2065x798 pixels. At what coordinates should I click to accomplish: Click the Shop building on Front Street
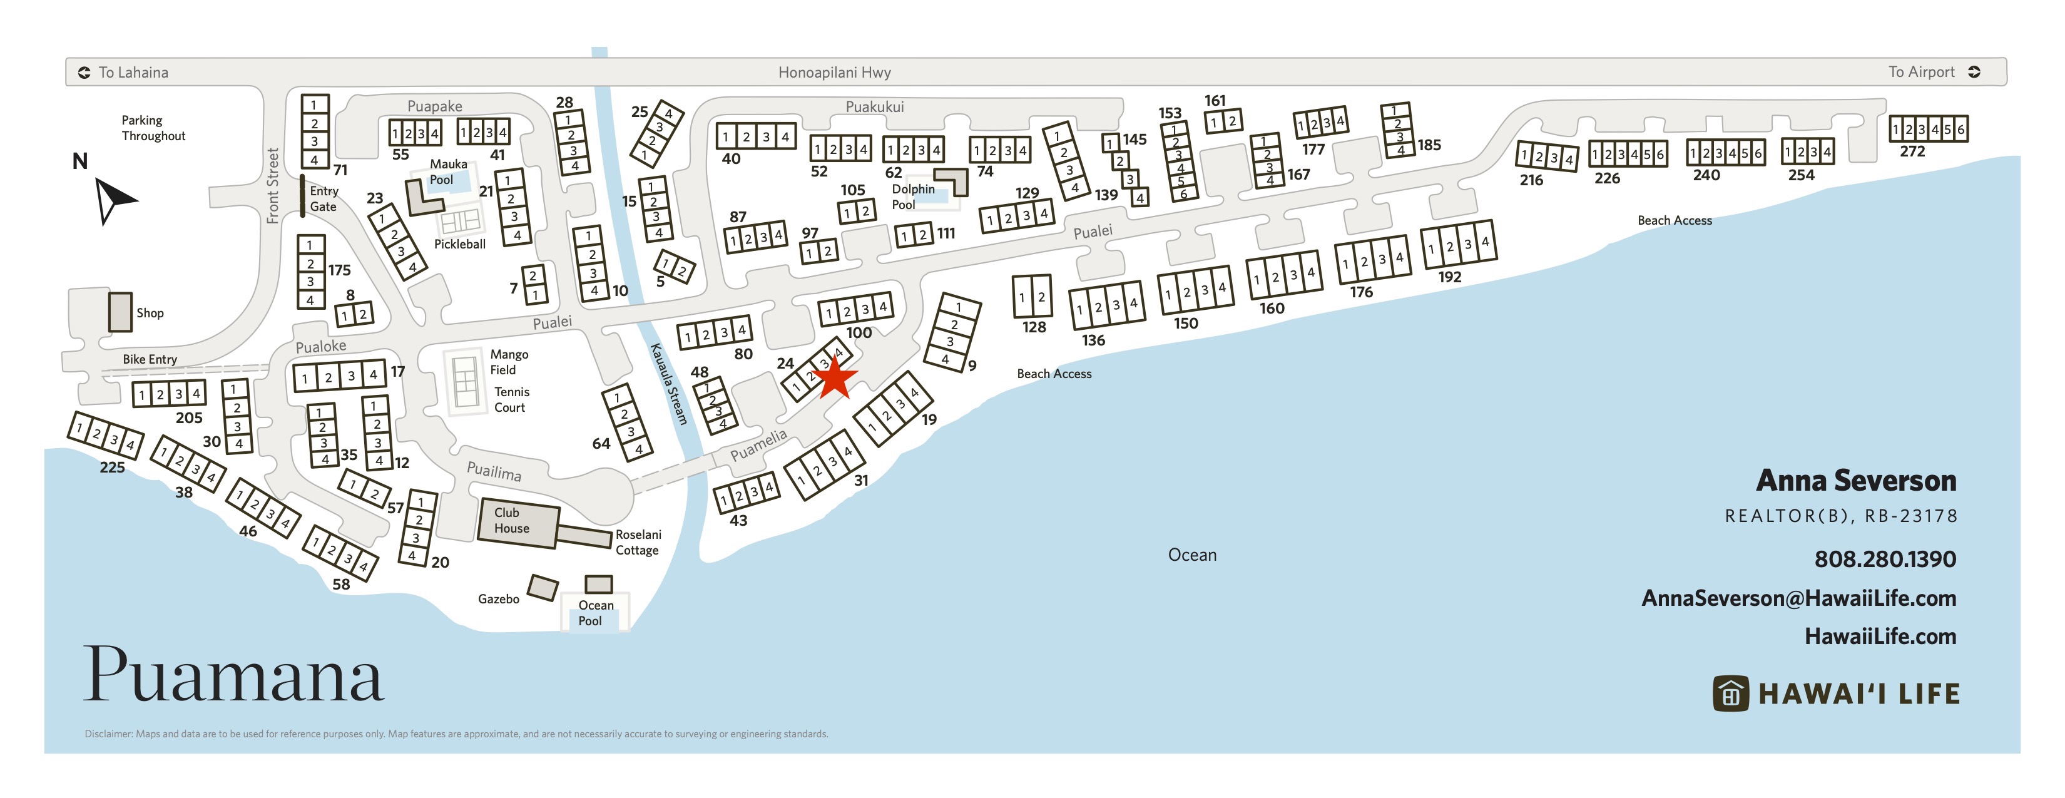click(120, 312)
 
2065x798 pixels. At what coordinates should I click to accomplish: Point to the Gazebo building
click(543, 588)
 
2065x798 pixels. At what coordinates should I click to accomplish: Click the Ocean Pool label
click(596, 613)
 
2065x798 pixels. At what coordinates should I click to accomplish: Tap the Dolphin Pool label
click(913, 197)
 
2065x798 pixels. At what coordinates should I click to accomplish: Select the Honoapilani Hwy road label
click(835, 72)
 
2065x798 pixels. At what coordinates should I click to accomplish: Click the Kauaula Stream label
click(670, 384)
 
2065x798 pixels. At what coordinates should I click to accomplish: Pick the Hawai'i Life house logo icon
click(1730, 693)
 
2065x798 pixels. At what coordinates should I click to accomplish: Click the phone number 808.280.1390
click(1885, 559)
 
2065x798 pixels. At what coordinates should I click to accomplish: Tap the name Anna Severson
click(1856, 481)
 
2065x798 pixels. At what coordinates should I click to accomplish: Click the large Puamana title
click(233, 676)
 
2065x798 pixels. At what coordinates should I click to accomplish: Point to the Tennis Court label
click(511, 399)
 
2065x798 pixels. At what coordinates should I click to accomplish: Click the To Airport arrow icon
click(1974, 72)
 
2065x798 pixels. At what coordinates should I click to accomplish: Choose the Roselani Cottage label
click(638, 542)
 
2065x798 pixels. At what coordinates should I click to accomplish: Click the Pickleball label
click(459, 244)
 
